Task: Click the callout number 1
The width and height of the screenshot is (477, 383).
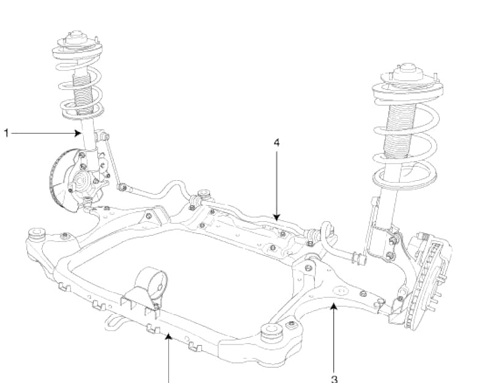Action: point(7,132)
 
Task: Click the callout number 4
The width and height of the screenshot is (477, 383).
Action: point(276,142)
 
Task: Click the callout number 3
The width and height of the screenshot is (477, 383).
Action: point(334,378)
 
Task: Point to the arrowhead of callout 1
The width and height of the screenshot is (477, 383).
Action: point(81,132)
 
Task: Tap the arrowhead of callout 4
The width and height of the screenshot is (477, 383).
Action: point(276,218)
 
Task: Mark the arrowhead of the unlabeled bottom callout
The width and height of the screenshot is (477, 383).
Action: point(169,337)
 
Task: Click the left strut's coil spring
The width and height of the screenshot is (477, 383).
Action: point(78,86)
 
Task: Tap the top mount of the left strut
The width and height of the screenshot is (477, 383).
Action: point(78,38)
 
